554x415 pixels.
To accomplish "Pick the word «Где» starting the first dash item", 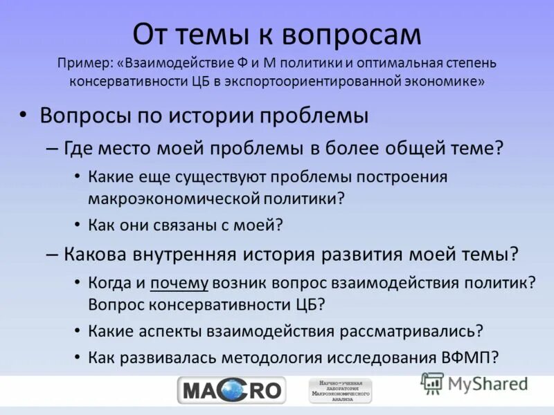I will pos(77,148).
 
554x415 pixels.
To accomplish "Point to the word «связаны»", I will pos(182,224).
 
